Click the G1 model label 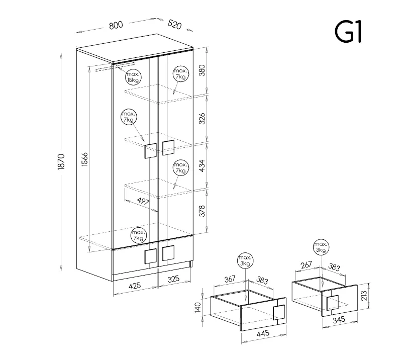point(348,32)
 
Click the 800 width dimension point(116,26)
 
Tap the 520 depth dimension point(174,24)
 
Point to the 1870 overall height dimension point(61,162)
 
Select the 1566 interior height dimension point(85,159)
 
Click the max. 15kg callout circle point(133,77)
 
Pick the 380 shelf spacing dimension point(202,70)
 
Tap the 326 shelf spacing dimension point(202,118)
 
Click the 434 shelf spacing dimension point(202,166)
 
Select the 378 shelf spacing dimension point(202,211)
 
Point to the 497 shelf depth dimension point(143,201)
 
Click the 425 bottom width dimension point(134,285)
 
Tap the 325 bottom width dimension point(173,279)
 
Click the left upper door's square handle point(150,151)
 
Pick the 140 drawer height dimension point(197,307)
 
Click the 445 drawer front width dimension point(263,333)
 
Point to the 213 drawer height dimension point(364,296)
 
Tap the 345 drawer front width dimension point(339,320)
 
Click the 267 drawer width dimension point(307,265)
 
